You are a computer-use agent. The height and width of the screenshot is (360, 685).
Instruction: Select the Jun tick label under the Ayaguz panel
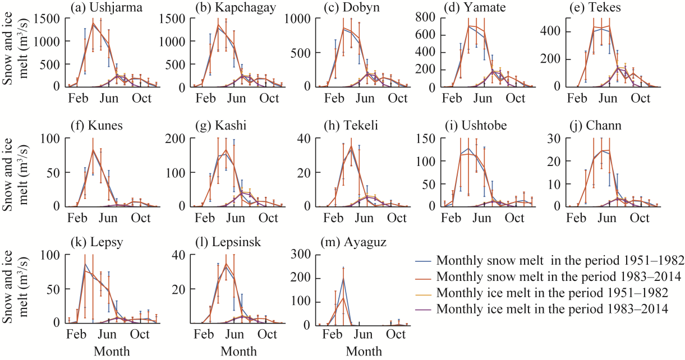pyautogui.click(x=364, y=335)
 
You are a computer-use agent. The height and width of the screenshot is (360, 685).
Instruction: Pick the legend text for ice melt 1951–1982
pyautogui.click(x=552, y=292)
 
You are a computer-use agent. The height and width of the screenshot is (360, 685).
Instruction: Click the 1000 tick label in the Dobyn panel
pyautogui.click(x=301, y=17)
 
